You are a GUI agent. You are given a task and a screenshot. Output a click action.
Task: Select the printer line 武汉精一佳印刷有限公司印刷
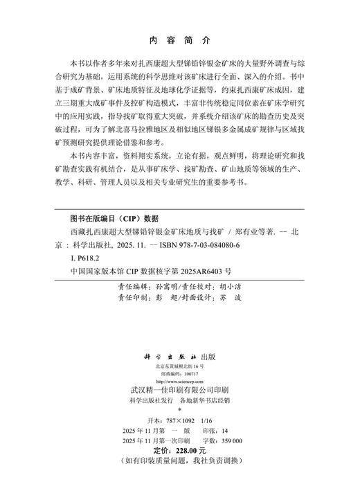pos(180,390)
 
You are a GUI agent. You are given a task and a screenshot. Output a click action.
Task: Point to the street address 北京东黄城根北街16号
pos(180,365)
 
